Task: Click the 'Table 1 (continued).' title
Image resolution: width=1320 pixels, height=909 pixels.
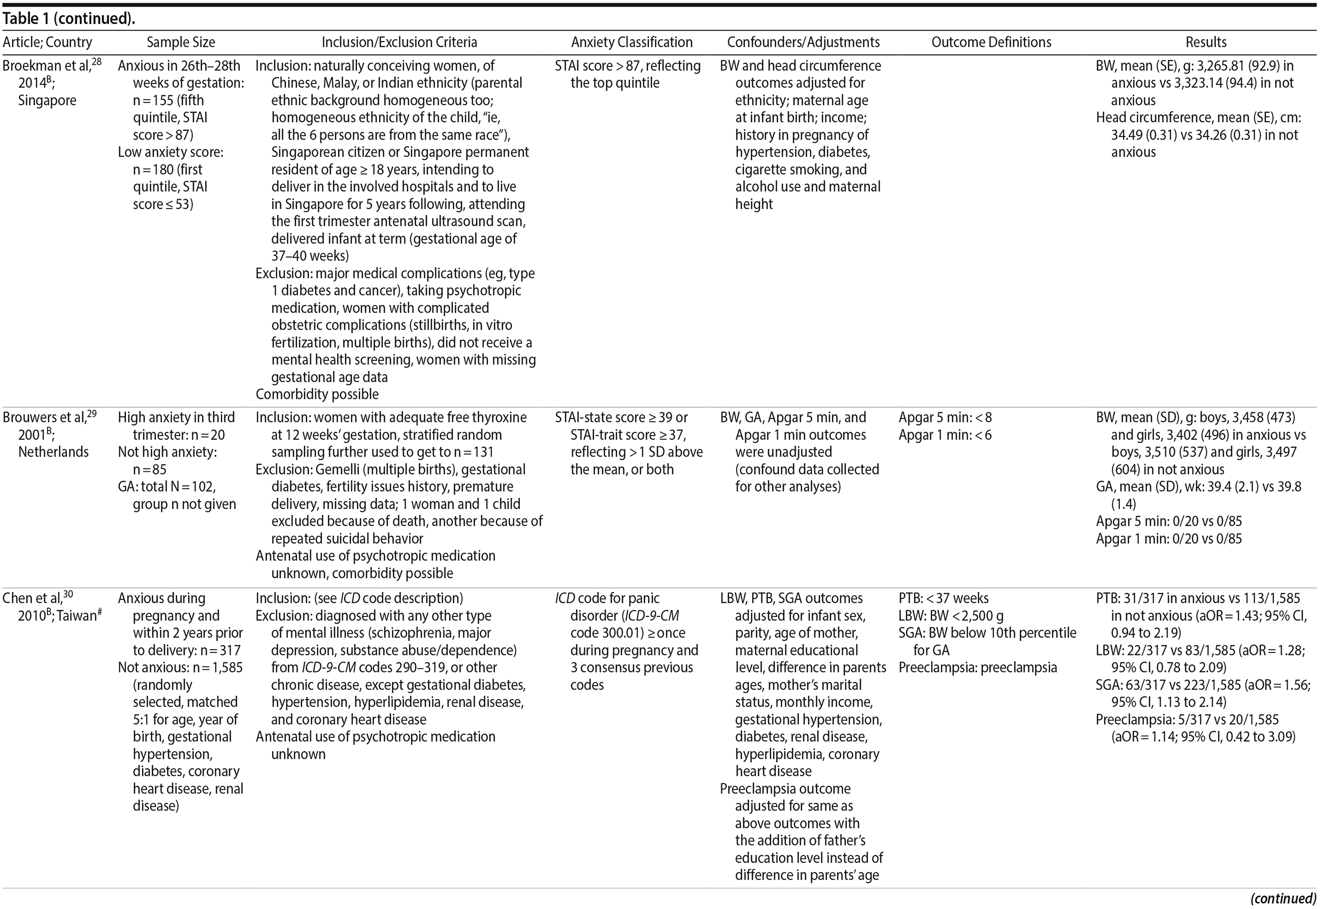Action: coord(69,19)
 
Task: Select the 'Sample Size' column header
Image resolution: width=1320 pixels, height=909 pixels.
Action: coord(181,42)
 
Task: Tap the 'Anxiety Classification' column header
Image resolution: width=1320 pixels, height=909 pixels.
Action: coord(632,42)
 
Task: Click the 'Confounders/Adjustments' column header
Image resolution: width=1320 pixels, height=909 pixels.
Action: coord(803,42)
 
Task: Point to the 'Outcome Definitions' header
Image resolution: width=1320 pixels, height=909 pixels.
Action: coord(991,42)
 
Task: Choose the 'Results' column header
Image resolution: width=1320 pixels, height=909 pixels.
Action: coord(1206,42)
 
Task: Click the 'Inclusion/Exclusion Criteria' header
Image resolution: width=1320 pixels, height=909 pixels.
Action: coord(399,42)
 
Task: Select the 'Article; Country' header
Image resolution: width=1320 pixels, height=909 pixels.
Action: coord(47,42)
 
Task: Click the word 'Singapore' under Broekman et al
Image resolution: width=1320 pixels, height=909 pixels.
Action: coord(47,100)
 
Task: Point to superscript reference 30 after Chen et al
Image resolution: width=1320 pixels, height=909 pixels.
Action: coord(68,594)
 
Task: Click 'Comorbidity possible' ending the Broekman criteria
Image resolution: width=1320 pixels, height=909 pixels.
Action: coord(317,394)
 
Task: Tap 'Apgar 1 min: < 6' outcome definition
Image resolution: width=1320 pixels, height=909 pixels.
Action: coord(945,435)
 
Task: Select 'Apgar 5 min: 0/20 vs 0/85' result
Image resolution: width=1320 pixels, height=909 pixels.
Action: coord(1169,521)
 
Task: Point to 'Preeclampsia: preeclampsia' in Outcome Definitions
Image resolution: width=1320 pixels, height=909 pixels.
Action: coord(978,667)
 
